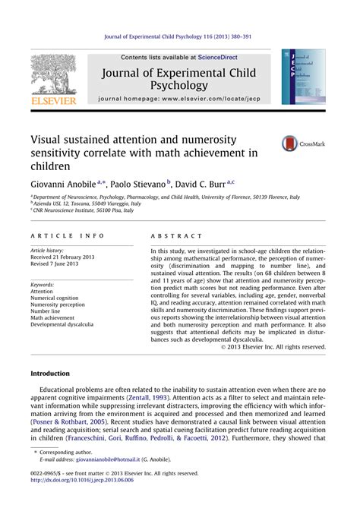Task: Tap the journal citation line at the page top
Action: [x=180, y=35]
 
